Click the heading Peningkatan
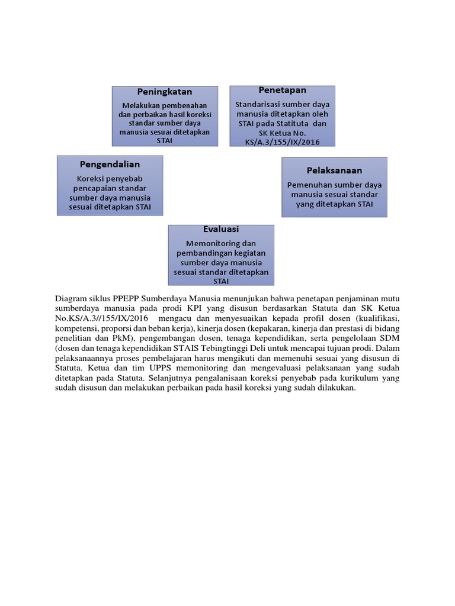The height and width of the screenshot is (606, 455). point(165,92)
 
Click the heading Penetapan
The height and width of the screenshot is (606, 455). point(282,90)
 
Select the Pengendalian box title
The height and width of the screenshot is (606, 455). point(110,163)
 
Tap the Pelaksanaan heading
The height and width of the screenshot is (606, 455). point(334,170)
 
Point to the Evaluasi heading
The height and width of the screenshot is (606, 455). point(221,229)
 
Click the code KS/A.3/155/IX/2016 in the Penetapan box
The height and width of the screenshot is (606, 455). point(282,142)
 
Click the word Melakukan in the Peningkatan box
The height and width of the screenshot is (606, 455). point(137,105)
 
